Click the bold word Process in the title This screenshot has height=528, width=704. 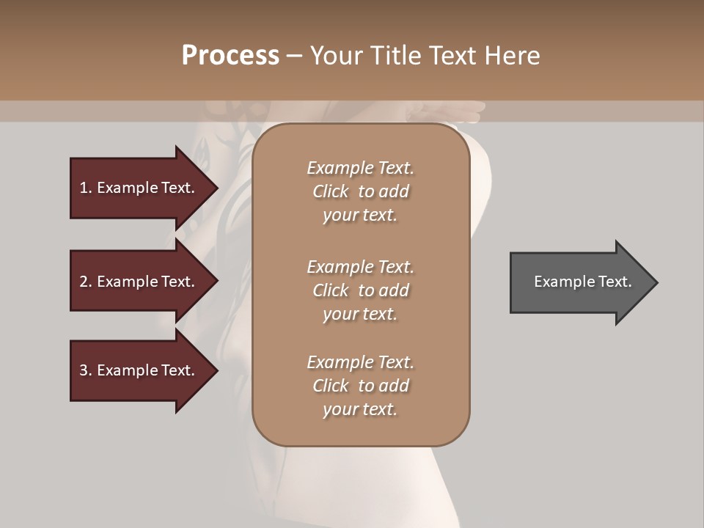click(x=230, y=56)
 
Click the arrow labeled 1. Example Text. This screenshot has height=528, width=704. click(x=137, y=188)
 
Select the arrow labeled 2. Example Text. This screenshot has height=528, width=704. click(x=137, y=282)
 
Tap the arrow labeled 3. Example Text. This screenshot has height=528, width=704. click(x=137, y=370)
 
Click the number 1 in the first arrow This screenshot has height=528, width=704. click(x=84, y=188)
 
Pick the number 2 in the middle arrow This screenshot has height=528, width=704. click(x=84, y=282)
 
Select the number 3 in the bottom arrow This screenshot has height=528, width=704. click(x=84, y=370)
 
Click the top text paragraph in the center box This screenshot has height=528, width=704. click(x=360, y=191)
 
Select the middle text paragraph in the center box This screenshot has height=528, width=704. click(x=360, y=290)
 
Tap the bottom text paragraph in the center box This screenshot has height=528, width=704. click(x=360, y=386)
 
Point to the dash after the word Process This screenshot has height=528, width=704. click(x=294, y=56)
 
